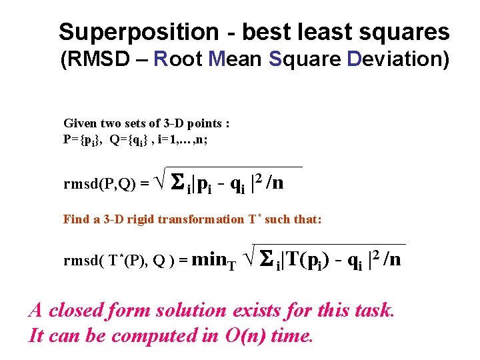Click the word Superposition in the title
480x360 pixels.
[x=138, y=32]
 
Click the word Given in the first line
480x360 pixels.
[x=79, y=123]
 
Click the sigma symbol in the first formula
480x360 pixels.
[x=178, y=182]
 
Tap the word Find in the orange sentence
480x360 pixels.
[x=75, y=219]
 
